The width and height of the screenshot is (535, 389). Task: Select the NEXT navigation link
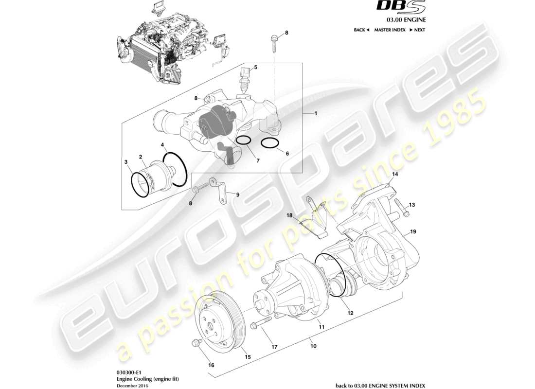click(x=417, y=30)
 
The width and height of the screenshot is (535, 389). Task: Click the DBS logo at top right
click(x=405, y=8)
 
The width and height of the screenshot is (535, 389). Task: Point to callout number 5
click(x=255, y=67)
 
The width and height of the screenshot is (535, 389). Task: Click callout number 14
click(x=395, y=174)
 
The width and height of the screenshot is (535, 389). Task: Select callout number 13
click(x=412, y=205)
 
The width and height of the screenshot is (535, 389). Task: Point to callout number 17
click(x=274, y=347)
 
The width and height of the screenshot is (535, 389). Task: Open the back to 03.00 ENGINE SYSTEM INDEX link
click(x=381, y=385)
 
